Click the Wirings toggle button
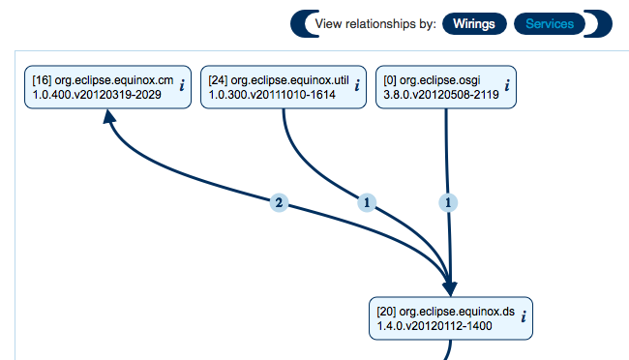(475, 23)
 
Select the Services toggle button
(549, 23)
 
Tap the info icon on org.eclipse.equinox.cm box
(182, 85)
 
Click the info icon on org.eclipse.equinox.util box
(358, 85)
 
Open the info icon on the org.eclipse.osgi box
(507, 85)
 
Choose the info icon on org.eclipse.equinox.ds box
(524, 316)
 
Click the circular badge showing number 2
(279, 203)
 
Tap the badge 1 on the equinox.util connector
(367, 202)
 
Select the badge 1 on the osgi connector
(448, 202)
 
